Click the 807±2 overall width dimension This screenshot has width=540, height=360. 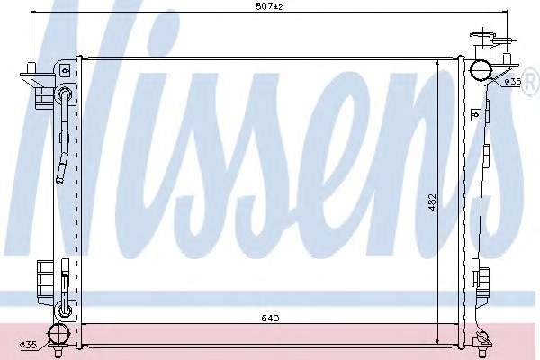pos(269,6)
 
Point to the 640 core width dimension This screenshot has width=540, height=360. pos(270,318)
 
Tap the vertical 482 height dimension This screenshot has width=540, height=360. pos(433,202)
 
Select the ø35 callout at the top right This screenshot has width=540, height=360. pos(513,82)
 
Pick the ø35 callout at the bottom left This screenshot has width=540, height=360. pos(28,344)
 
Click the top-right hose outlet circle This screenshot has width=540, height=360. pos(481,70)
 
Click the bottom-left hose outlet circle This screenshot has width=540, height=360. pos(58,334)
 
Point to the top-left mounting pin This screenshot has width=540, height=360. pos(31,67)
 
